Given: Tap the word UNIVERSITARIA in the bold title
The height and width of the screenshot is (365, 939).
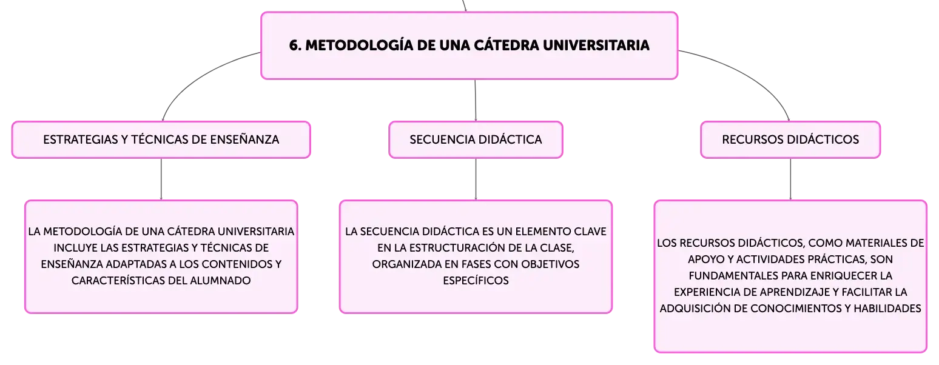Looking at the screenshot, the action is point(596,45).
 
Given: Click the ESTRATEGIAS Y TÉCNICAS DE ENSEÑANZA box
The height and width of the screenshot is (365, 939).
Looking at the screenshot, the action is point(161,139).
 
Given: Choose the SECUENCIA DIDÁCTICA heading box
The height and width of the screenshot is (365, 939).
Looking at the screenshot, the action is point(476,139).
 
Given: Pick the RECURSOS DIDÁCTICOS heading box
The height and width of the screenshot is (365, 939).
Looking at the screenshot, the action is point(790,139).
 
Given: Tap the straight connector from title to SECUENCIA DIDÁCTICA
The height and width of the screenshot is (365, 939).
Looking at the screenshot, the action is point(476,100).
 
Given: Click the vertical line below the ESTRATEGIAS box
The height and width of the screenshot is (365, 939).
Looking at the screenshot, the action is point(161,179).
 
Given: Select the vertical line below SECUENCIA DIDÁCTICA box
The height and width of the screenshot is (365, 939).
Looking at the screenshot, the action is point(476,179).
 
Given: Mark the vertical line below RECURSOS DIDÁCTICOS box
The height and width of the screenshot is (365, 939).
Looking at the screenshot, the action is point(790,179).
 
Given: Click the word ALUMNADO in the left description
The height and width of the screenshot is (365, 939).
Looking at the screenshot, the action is point(220,280).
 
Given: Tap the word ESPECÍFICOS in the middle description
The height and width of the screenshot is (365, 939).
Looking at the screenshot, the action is point(476,280).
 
